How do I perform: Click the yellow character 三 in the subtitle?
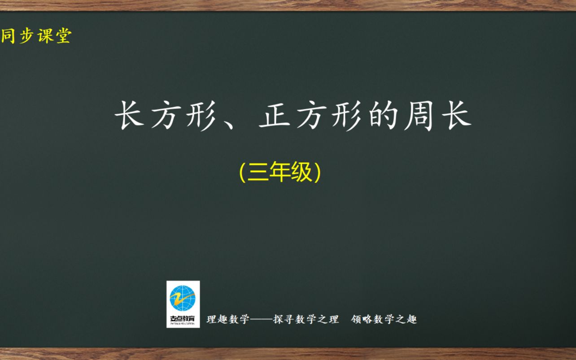tap(257, 172)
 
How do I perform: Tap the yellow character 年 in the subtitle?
tap(279, 172)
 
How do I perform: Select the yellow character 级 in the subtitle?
tap(301, 172)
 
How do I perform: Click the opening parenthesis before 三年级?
tap(242, 172)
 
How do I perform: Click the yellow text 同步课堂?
tap(36, 36)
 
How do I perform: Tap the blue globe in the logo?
tap(183, 297)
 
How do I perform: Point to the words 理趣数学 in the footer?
tap(227, 320)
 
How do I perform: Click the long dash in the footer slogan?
tap(261, 320)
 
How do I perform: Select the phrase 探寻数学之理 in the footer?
tap(306, 320)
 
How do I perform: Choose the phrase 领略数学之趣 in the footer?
tap(384, 320)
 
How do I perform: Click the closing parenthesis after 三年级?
tap(318, 172)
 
